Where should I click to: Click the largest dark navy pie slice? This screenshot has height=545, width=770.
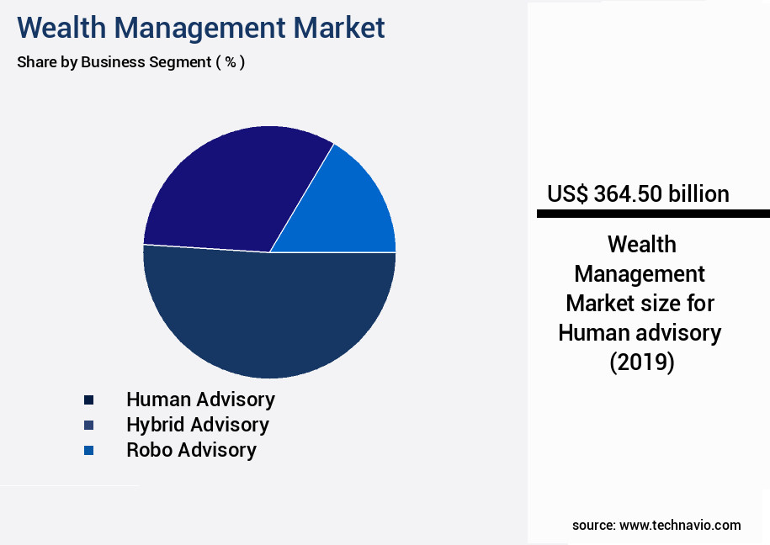(269, 320)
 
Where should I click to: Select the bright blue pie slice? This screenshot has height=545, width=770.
(358, 210)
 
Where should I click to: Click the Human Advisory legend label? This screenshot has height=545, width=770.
(200, 399)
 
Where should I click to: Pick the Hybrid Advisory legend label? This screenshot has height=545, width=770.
(198, 425)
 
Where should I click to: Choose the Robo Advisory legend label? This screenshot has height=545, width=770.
(191, 450)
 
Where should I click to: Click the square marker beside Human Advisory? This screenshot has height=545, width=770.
(88, 400)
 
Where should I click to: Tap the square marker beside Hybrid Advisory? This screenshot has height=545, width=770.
(88, 426)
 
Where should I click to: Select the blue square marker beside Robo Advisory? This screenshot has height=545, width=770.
(88, 451)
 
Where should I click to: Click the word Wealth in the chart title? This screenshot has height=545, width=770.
(59, 28)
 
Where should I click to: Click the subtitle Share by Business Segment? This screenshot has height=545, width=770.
(114, 62)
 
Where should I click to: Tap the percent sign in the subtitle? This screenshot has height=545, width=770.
(230, 62)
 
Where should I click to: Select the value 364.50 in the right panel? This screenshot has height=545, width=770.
(628, 194)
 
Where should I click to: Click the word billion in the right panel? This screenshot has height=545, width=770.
(698, 194)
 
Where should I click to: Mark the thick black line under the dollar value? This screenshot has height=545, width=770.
(653, 214)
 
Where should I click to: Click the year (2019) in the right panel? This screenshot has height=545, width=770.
(641, 362)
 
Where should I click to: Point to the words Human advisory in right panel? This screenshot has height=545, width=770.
(640, 333)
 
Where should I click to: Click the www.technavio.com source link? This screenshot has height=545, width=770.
(680, 525)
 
